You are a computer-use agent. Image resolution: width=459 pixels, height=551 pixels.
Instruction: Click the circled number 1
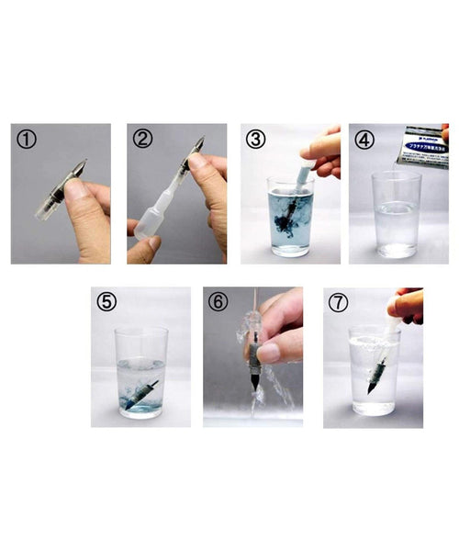[27, 140]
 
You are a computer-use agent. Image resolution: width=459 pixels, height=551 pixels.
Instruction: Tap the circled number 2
[142, 140]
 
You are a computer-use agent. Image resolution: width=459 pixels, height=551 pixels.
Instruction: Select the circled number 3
[257, 140]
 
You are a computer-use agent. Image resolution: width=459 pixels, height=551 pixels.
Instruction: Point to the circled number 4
[364, 140]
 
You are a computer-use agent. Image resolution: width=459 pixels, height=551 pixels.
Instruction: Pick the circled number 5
[107, 302]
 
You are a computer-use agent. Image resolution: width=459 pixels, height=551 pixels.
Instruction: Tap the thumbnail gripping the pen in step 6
[267, 354]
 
